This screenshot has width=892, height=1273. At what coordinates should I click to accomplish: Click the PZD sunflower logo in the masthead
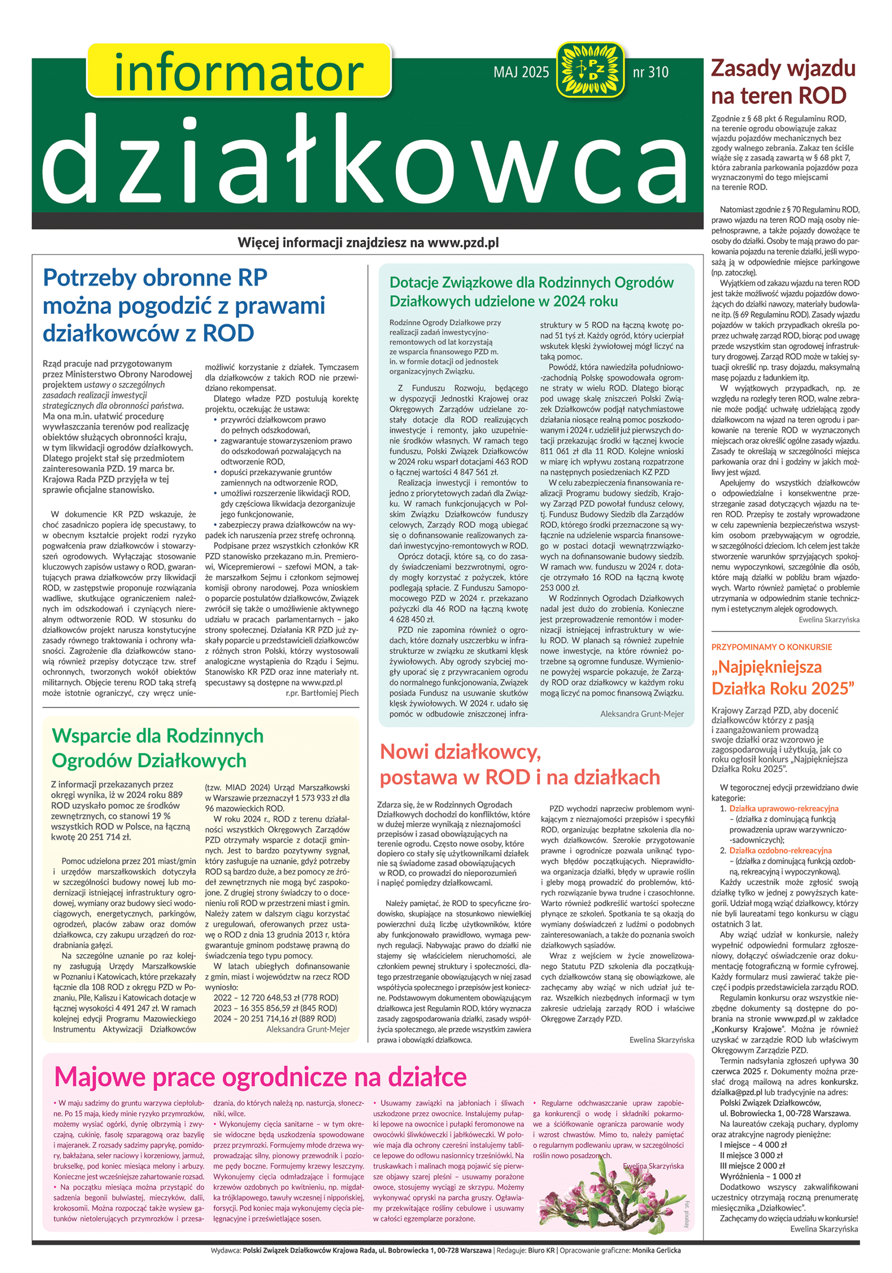point(589,71)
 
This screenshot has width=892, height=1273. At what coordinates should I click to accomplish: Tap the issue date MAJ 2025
point(521,72)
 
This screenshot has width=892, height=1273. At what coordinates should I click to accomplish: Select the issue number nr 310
point(650,72)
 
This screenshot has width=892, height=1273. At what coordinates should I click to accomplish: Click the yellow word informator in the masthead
point(238,72)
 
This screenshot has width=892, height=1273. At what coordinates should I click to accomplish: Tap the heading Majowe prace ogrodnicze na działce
point(260,1076)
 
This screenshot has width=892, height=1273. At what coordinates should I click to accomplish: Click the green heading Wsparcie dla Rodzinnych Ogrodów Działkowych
point(158,748)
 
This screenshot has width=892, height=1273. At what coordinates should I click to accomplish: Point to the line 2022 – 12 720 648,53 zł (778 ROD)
point(275,998)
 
